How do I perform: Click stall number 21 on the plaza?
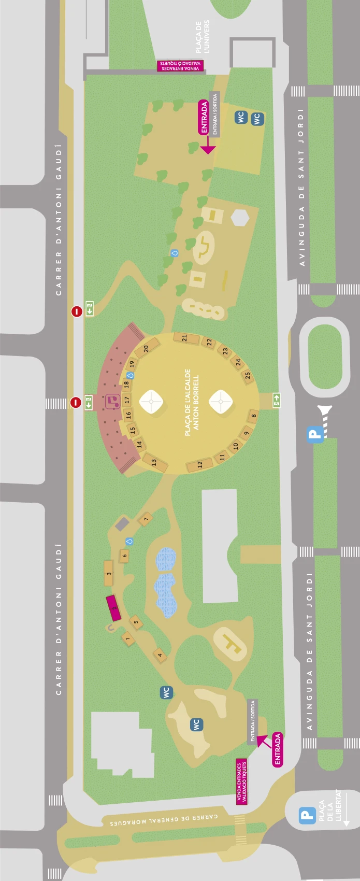[185, 338]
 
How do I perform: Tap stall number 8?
[253, 415]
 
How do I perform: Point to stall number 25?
[247, 376]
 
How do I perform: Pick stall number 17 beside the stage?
[127, 400]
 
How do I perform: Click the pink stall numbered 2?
[113, 608]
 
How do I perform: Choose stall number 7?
[146, 519]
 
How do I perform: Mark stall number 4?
[160, 655]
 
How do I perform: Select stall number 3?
[109, 573]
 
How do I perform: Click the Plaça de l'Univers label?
[203, 37]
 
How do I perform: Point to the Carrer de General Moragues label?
[164, 819]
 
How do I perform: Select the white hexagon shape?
[240, 218]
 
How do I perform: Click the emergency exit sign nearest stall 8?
[276, 399]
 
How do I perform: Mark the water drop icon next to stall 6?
[129, 541]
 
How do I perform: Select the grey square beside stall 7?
[122, 523]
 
